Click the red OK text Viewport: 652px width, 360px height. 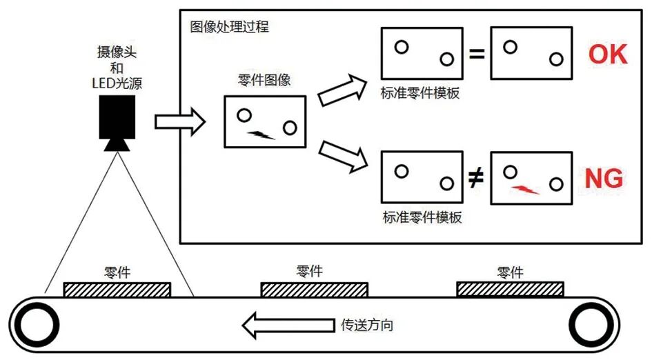tap(607, 54)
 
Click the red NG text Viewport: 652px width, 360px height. tap(604, 179)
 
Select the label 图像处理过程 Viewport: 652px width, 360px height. tap(230, 28)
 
